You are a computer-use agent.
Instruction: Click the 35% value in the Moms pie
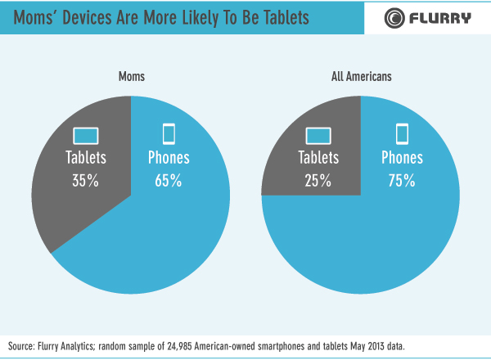(86, 182)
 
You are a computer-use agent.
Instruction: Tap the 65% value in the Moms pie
(168, 182)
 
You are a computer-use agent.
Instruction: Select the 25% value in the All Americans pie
(318, 182)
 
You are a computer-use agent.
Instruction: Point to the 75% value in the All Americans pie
(403, 182)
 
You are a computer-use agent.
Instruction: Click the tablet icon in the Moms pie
(86, 134)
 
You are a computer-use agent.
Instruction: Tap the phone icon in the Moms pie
(169, 133)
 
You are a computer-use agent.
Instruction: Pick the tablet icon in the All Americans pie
(318, 134)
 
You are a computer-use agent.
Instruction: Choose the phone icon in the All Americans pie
(403, 133)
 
